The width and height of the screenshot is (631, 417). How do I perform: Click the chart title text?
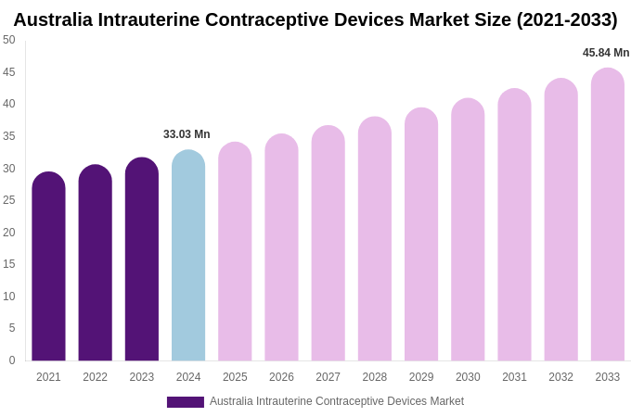click(x=315, y=19)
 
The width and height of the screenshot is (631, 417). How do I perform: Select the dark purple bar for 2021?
click(x=48, y=269)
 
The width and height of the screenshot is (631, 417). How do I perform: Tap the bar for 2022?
click(x=95, y=264)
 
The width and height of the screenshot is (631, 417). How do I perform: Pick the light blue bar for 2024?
click(x=188, y=257)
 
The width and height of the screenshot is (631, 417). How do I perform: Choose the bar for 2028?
click(x=375, y=240)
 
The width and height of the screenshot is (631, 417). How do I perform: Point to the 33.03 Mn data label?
click(x=187, y=134)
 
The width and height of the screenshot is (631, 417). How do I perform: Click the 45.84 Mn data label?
click(x=606, y=53)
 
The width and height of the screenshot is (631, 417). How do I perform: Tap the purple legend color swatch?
click(x=186, y=402)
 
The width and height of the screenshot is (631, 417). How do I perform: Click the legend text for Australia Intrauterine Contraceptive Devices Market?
click(x=337, y=401)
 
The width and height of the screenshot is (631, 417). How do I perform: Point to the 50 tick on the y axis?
click(x=9, y=40)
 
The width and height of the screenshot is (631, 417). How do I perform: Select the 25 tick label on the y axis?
click(x=9, y=200)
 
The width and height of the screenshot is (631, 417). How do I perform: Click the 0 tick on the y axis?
click(x=12, y=360)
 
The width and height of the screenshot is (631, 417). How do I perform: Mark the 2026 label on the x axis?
click(x=281, y=377)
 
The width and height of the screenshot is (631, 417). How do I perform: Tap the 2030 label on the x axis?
click(x=468, y=377)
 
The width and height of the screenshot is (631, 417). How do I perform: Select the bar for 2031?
click(x=514, y=226)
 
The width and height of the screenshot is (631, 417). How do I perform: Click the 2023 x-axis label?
click(x=142, y=377)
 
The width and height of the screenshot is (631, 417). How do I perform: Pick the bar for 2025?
click(x=235, y=252)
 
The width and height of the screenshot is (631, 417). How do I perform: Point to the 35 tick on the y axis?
click(x=9, y=136)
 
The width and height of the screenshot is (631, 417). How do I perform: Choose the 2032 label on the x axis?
click(x=560, y=377)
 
